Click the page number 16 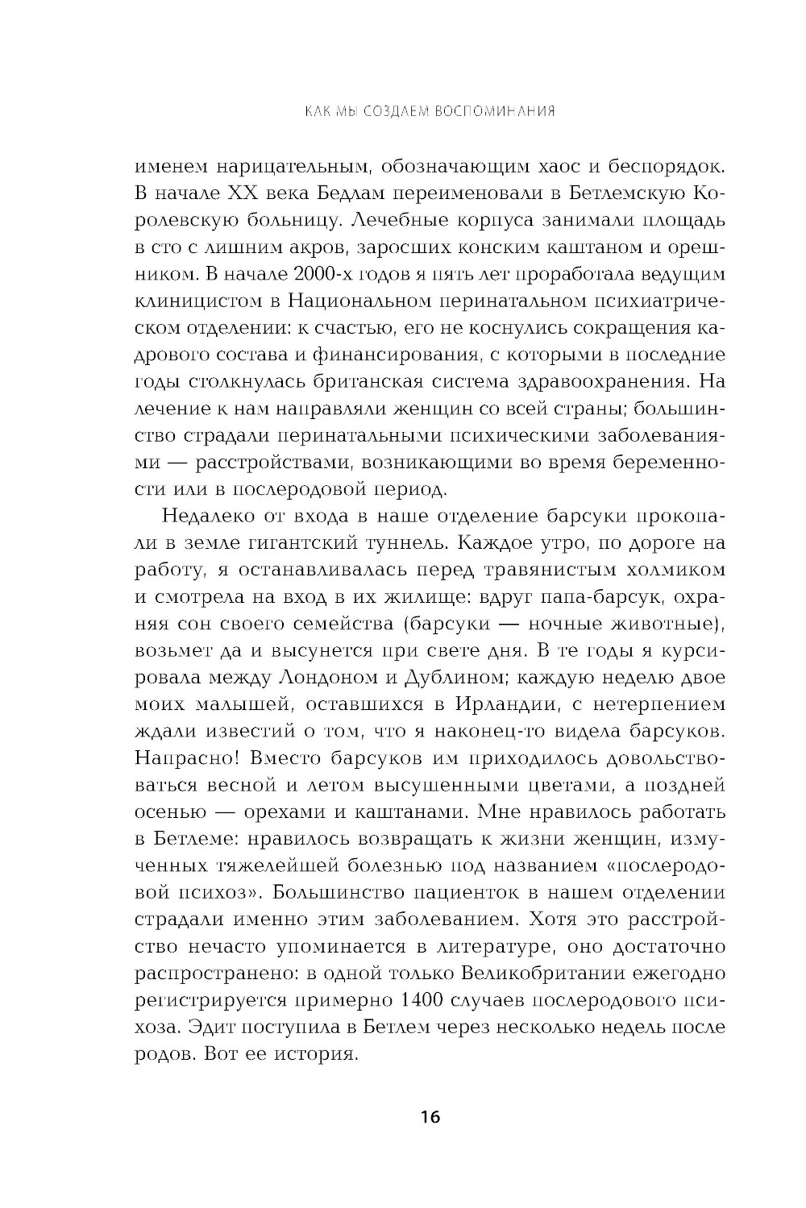point(429,1117)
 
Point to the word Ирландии point(506,704)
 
